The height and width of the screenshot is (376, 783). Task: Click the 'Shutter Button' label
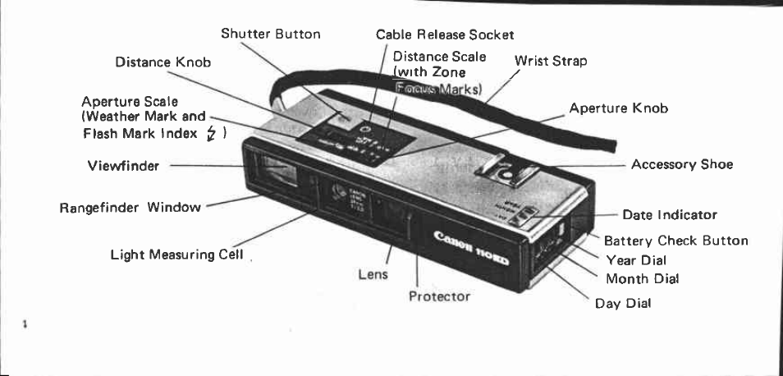coord(270,34)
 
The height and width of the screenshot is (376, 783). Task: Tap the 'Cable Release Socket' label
coord(444,34)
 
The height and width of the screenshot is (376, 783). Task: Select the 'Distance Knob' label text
coord(163,62)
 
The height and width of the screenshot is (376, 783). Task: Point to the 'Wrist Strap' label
coord(550,61)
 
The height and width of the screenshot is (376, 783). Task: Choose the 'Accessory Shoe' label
coord(681,164)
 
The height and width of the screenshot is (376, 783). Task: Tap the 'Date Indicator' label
coord(669,215)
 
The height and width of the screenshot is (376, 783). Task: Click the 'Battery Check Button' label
coord(675,241)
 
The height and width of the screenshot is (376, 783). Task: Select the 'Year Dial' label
coord(635,259)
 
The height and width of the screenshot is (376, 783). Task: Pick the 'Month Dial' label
coord(642,278)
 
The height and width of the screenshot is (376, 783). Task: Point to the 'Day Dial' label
coord(622,303)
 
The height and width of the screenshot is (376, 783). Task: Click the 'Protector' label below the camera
coord(439,296)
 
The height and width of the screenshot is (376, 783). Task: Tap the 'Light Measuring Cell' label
coord(176,254)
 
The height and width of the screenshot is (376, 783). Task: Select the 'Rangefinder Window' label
coord(130,207)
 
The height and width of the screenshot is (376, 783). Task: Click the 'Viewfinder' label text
coord(122,165)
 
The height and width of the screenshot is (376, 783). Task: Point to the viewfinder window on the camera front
coord(277,175)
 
